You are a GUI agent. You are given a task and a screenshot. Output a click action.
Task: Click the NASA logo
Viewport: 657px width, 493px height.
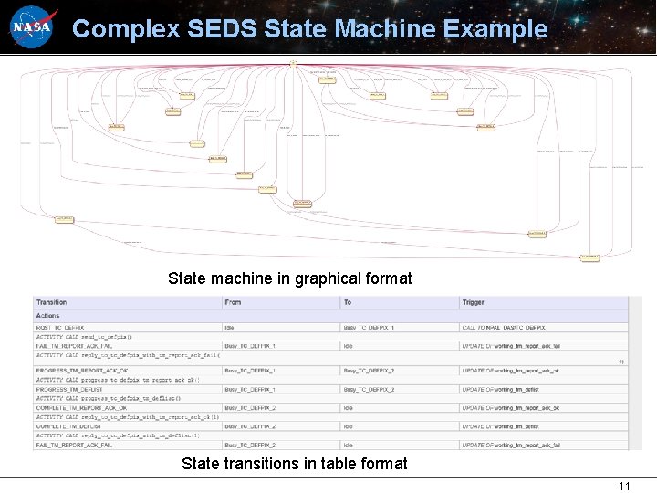click(x=33, y=27)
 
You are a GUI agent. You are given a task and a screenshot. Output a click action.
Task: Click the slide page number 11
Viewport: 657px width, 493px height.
click(x=624, y=486)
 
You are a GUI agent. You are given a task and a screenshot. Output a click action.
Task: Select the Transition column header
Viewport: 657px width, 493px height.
click(x=52, y=302)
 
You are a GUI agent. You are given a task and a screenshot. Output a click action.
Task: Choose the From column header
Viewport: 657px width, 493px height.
click(x=233, y=302)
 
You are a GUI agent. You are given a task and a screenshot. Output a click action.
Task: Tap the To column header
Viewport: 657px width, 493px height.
click(x=348, y=302)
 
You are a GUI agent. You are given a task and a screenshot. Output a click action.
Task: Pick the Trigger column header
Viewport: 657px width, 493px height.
click(x=474, y=302)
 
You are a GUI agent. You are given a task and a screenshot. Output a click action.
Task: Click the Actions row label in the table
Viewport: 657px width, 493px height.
click(x=47, y=316)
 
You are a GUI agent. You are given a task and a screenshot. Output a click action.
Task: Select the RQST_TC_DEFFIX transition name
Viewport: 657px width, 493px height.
click(x=60, y=327)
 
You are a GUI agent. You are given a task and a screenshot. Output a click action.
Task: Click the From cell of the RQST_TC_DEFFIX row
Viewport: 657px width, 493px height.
click(x=229, y=327)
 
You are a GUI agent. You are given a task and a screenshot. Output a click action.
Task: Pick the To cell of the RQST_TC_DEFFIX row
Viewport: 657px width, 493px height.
click(x=369, y=327)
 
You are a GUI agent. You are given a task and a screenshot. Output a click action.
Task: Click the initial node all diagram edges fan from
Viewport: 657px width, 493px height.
click(x=294, y=63)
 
